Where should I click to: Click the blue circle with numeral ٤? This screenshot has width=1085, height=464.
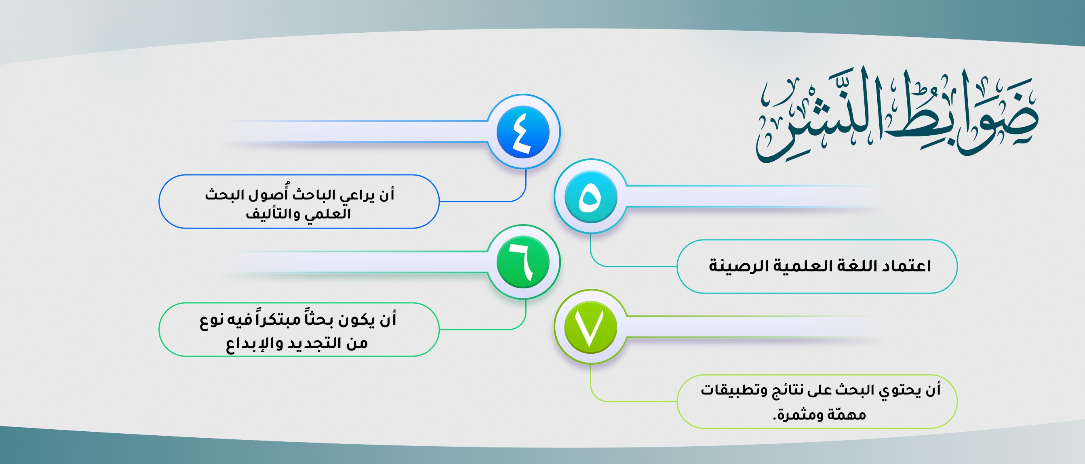[x=523, y=132]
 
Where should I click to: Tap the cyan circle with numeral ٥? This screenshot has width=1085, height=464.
[x=590, y=197]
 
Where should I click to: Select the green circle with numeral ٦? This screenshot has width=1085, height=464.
[x=523, y=262]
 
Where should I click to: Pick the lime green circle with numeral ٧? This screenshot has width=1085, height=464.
[x=590, y=327]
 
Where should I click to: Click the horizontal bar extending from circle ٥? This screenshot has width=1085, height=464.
[x=754, y=197]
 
